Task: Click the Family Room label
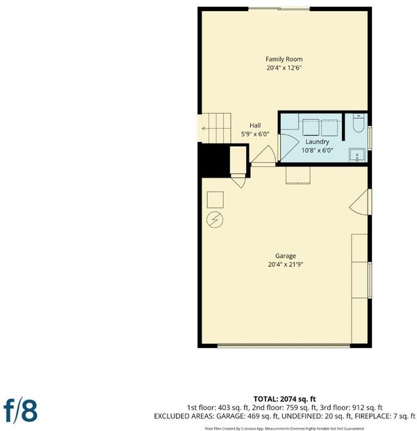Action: point(284,59)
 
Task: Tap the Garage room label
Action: point(286,256)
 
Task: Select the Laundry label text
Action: point(317,142)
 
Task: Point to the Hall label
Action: point(255,125)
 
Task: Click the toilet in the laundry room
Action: point(358,124)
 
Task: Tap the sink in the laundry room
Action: point(357,155)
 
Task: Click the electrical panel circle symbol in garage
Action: point(215,220)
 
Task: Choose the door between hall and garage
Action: point(263,155)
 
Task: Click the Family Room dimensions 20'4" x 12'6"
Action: point(284,68)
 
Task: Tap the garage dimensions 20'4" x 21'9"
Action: point(286,265)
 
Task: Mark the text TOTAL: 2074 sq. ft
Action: point(284,399)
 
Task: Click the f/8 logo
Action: point(21,411)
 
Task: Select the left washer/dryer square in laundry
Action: point(311,127)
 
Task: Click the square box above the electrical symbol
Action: point(215,200)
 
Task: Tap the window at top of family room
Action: point(279,9)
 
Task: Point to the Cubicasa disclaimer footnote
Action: point(284,428)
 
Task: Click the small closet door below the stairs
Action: point(238,181)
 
